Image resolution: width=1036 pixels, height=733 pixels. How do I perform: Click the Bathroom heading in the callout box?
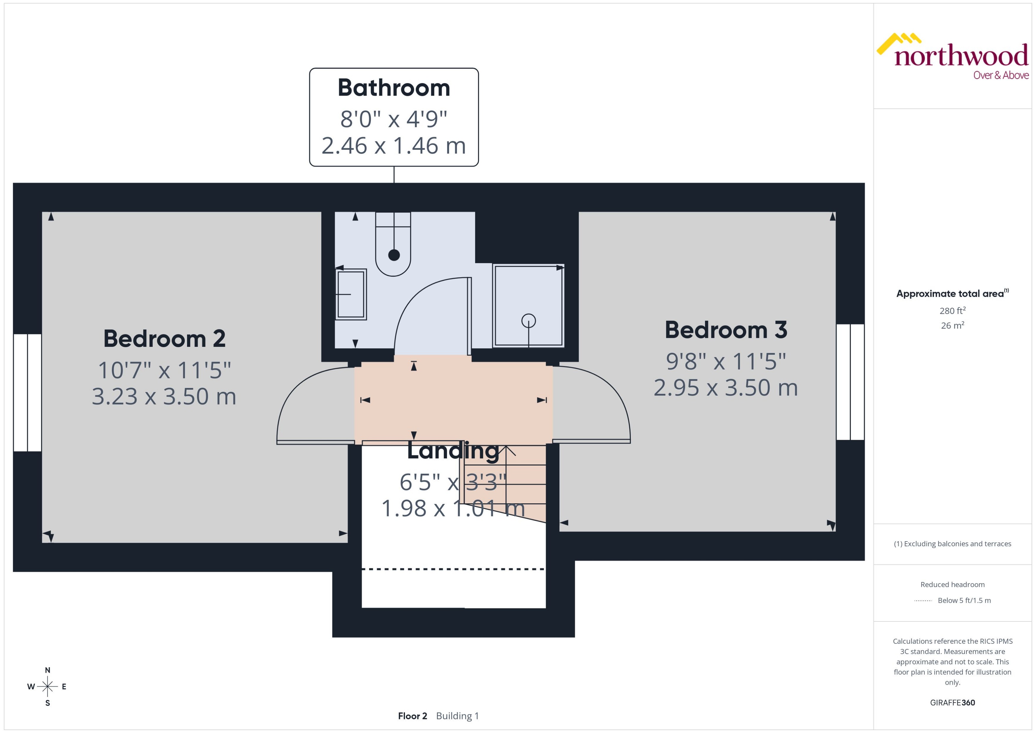pyautogui.click(x=394, y=88)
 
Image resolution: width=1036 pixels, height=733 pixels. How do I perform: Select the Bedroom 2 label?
pyautogui.click(x=164, y=339)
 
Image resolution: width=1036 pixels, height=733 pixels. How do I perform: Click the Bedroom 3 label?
pyautogui.click(x=726, y=330)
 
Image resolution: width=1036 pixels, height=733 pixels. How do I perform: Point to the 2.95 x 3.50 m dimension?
pyautogui.click(x=726, y=388)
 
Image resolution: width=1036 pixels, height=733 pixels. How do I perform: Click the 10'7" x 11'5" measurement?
pyautogui.click(x=164, y=370)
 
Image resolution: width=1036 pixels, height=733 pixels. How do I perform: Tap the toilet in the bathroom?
pyautogui.click(x=393, y=253)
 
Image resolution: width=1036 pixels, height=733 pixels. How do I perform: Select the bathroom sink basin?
pyautogui.click(x=351, y=294)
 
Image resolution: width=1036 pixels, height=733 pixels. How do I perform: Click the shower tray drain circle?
pyautogui.click(x=528, y=321)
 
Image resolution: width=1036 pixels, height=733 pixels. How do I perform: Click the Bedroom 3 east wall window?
pyautogui.click(x=850, y=382)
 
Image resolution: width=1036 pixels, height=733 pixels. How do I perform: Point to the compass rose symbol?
pyautogui.click(x=47, y=687)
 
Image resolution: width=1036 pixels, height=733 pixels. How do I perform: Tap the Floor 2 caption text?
pyautogui.click(x=412, y=716)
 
